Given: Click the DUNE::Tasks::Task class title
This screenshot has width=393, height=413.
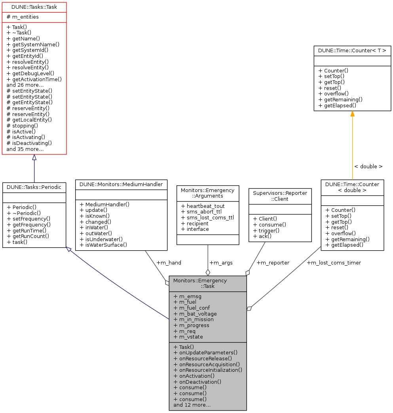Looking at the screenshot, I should point(34,7).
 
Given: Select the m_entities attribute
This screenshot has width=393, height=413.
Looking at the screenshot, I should point(23,17).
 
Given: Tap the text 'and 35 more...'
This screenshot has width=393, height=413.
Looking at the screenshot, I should point(25,149).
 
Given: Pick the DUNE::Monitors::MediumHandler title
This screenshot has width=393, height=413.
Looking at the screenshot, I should point(121,184).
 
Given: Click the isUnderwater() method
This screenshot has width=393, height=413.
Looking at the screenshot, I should point(101,239).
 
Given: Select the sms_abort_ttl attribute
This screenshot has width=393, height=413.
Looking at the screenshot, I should point(201,212).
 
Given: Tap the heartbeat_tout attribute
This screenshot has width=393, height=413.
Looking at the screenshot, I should point(202,206).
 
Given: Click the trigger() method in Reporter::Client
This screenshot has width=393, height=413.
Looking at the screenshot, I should point(264,230).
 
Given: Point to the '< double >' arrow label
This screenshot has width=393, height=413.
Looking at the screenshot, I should point(368,166).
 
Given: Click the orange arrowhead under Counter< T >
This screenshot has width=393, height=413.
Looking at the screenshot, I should point(352,114).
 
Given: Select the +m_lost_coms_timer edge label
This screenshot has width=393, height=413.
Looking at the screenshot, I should point(334,263).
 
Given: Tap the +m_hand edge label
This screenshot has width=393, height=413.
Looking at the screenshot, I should point(169,263).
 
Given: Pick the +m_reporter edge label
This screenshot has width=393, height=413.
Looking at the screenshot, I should point(273,263).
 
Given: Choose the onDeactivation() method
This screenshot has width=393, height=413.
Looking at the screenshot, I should point(197,382).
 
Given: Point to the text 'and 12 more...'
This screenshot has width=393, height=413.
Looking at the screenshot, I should point(192,405).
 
